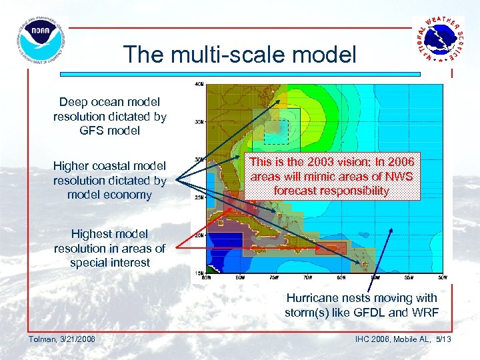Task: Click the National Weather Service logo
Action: click(438, 40)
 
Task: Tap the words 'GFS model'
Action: click(110, 131)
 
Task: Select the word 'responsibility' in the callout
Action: click(354, 191)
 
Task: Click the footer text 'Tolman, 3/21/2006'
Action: click(62, 340)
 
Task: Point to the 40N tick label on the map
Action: click(199, 85)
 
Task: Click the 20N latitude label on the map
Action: click(199, 235)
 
